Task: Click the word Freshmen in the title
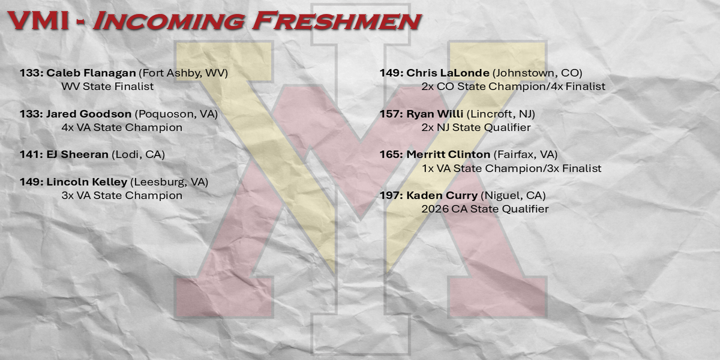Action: click(337, 21)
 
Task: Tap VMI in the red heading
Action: click(38, 21)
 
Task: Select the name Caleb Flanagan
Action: click(91, 73)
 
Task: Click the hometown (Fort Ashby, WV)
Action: click(183, 73)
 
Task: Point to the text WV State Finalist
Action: click(107, 86)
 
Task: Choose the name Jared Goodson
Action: click(89, 114)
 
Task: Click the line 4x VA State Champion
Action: click(122, 128)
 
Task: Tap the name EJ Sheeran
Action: click(77, 155)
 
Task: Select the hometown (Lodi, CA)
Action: click(138, 155)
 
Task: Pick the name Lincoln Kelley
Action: click(87, 182)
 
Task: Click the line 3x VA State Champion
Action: click(122, 196)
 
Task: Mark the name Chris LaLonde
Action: click(448, 73)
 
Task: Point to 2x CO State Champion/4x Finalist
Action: click(514, 87)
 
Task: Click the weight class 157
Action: click(389, 114)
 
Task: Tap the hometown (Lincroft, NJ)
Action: click(501, 114)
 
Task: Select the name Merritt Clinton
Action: click(448, 155)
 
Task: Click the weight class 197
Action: click(389, 196)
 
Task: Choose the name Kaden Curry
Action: click(442, 196)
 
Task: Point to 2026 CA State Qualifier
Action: click(485, 209)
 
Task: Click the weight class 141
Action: click(29, 155)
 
